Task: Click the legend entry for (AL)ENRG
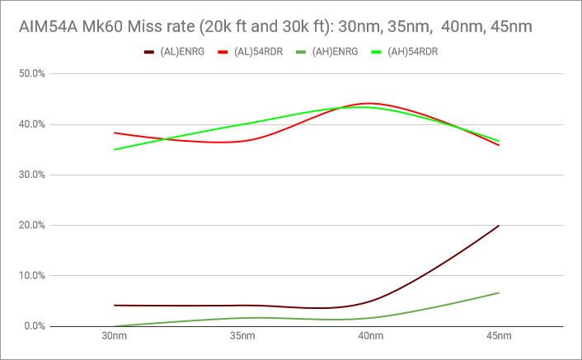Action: pyautogui.click(x=176, y=53)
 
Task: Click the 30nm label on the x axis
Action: pyautogui.click(x=115, y=337)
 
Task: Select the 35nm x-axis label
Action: pyautogui.click(x=242, y=337)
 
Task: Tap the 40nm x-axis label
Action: pyautogui.click(x=370, y=337)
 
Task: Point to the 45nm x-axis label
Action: pyautogui.click(x=498, y=337)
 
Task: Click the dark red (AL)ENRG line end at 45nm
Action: pyautogui.click(x=498, y=226)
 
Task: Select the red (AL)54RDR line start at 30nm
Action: pyautogui.click(x=115, y=133)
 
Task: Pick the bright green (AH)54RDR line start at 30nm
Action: pyautogui.click(x=115, y=149)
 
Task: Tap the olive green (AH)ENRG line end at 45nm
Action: pyautogui.click(x=498, y=292)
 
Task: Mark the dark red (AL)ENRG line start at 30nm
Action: pyautogui.click(x=115, y=306)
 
